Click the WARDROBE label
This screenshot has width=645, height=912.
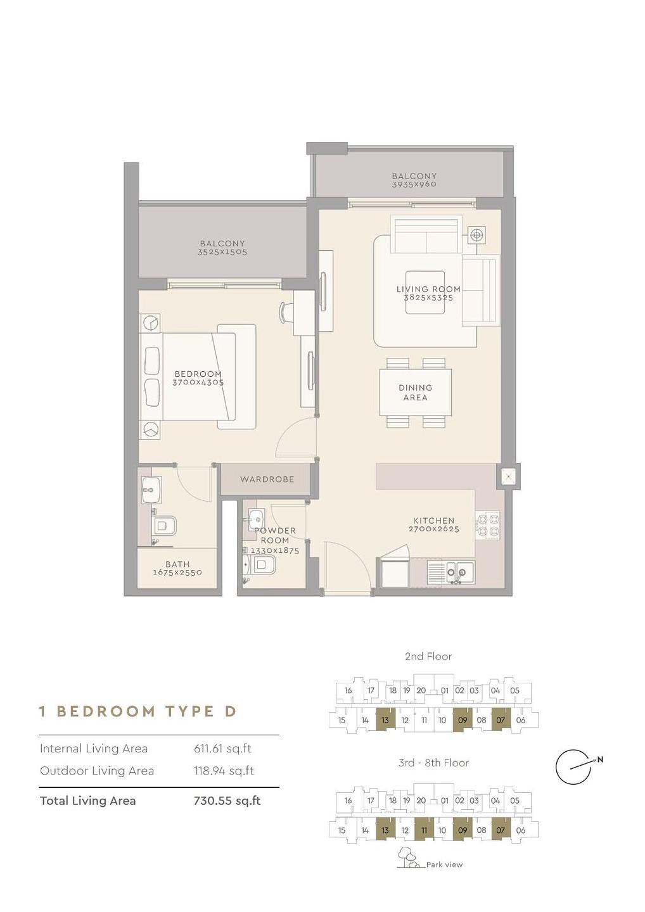point(267,479)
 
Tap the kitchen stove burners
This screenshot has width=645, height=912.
point(488,525)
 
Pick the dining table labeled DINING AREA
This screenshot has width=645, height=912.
point(416,392)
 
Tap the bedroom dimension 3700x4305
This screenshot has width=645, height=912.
point(198,383)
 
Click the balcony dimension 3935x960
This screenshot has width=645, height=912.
point(414,184)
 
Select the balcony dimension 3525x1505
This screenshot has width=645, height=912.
point(222,252)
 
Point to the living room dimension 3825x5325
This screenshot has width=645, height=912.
point(428,298)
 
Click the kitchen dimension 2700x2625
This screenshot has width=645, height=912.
point(433,529)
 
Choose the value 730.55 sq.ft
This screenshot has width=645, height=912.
point(227,801)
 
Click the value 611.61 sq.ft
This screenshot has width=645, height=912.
point(222,749)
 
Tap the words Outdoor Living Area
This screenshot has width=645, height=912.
point(97,771)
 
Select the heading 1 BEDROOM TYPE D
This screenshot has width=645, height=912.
point(137,711)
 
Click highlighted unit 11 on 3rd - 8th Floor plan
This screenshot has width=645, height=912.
point(424,830)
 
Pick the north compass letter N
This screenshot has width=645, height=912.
point(600,759)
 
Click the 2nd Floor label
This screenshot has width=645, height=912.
point(428,656)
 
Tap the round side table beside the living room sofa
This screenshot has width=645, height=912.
point(476,235)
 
